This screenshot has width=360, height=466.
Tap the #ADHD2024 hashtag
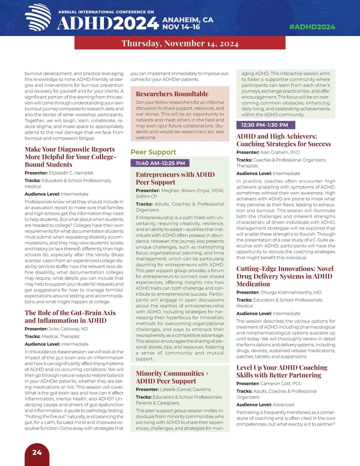point(312,27)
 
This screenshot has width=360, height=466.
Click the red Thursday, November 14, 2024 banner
point(180,43)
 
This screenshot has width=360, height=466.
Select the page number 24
point(37,452)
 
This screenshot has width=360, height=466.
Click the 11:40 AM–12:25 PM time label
point(160,163)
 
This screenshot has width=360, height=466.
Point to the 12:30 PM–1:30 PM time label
point(265,125)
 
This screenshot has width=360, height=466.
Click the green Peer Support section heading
point(153,152)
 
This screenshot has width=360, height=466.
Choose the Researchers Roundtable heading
point(172,94)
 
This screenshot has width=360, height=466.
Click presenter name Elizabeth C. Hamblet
point(71,173)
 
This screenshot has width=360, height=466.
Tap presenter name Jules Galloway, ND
point(68,329)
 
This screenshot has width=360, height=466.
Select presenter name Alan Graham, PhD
point(280,152)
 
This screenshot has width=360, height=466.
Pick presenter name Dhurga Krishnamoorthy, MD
point(291,293)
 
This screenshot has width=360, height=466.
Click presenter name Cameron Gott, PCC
point(281,384)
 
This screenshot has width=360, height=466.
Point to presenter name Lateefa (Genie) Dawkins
point(185,389)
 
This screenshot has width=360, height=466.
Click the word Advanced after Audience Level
point(283,405)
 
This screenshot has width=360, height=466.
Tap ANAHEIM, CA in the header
point(188,20)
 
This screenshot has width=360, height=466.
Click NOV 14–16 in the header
point(181,27)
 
